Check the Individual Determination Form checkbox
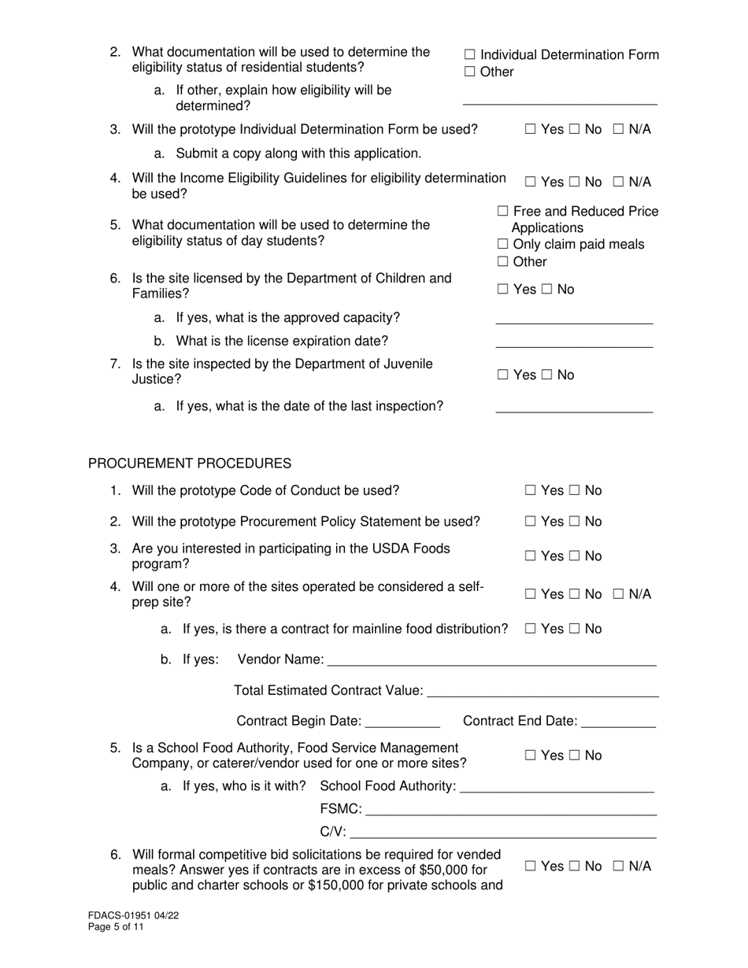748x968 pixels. click(x=470, y=55)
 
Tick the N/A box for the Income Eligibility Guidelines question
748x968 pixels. click(x=619, y=183)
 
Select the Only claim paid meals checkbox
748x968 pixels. click(x=503, y=245)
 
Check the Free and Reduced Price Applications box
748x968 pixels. click(x=503, y=212)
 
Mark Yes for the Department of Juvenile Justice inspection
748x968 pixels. click(x=503, y=375)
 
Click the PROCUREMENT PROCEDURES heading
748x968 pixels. click(x=189, y=464)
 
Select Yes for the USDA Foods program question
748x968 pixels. click(x=531, y=556)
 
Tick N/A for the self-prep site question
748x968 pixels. click(x=619, y=595)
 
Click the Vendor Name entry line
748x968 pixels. click(x=491, y=661)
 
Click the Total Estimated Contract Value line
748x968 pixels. click(x=542, y=692)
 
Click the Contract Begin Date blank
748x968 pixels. click(x=403, y=722)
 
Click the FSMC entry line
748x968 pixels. click(x=511, y=811)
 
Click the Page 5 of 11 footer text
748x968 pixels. click(x=116, y=927)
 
